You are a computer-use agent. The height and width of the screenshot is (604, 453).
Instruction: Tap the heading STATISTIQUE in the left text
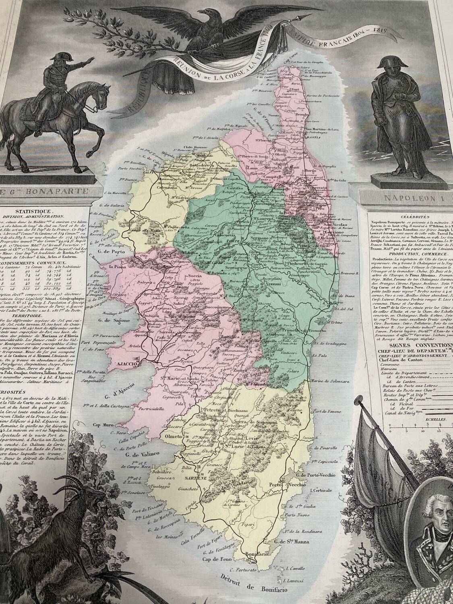[33, 211]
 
